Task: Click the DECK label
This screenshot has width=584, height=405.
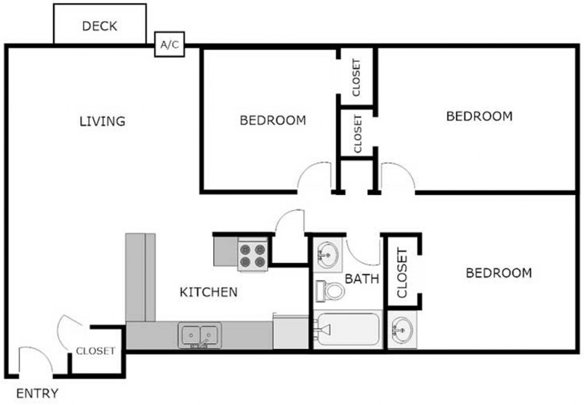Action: (x=100, y=27)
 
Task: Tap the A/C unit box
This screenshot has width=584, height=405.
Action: (x=169, y=45)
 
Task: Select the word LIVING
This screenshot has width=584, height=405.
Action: (x=102, y=121)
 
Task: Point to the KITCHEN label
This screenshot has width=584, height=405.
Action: (x=209, y=292)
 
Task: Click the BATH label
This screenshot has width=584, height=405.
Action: (x=361, y=278)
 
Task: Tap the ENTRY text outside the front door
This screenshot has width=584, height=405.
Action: (x=37, y=393)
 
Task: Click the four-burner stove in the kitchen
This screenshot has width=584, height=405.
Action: (x=254, y=254)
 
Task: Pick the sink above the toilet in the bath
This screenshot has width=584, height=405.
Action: (x=327, y=255)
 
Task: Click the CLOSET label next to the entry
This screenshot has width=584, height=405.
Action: (x=96, y=350)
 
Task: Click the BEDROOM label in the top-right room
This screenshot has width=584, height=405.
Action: (x=479, y=116)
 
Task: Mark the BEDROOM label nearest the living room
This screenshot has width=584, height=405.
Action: (x=273, y=121)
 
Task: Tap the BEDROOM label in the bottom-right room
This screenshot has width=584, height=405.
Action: (x=498, y=273)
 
